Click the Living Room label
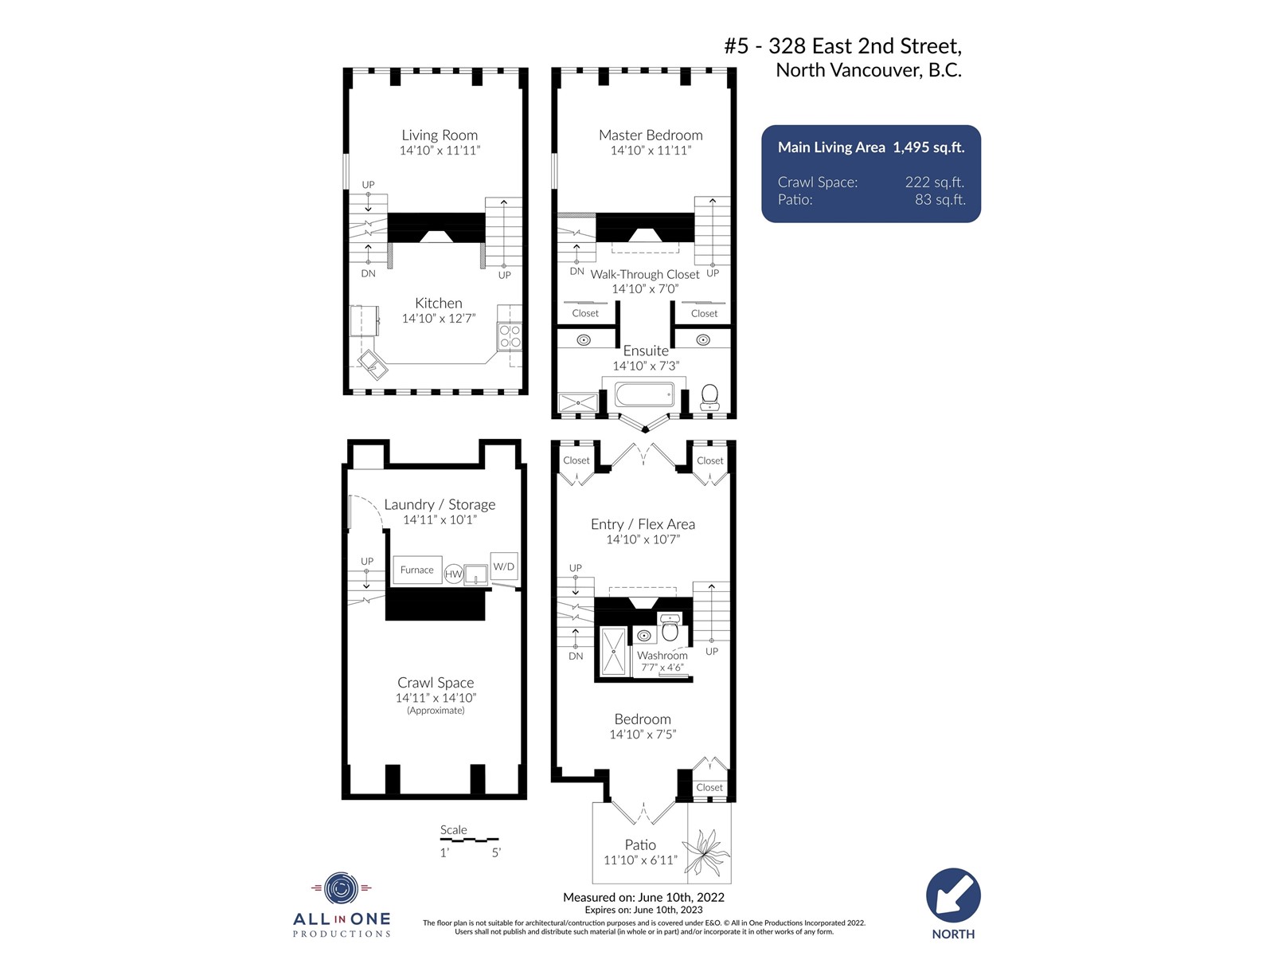pyautogui.click(x=440, y=135)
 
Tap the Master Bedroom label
pyautogui.click(x=650, y=135)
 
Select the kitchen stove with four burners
pyautogui.click(x=510, y=336)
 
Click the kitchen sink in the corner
pyautogui.click(x=372, y=364)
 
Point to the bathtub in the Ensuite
pyautogui.click(x=644, y=394)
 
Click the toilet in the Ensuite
pyautogui.click(x=709, y=397)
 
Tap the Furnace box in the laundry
pyautogui.click(x=416, y=570)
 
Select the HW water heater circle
pyautogui.click(x=453, y=574)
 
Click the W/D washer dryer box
pyautogui.click(x=503, y=566)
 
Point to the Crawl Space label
pyautogui.click(x=436, y=683)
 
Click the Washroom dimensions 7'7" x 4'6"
pyautogui.click(x=662, y=668)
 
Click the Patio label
pyautogui.click(x=640, y=844)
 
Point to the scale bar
pyautogui.click(x=469, y=840)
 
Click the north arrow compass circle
pyautogui.click(x=953, y=895)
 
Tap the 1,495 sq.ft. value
pyautogui.click(x=928, y=147)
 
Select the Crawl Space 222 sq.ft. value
pyautogui.click(x=935, y=182)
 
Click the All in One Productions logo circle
pyautogui.click(x=342, y=888)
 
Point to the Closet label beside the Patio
pyautogui.click(x=709, y=788)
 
